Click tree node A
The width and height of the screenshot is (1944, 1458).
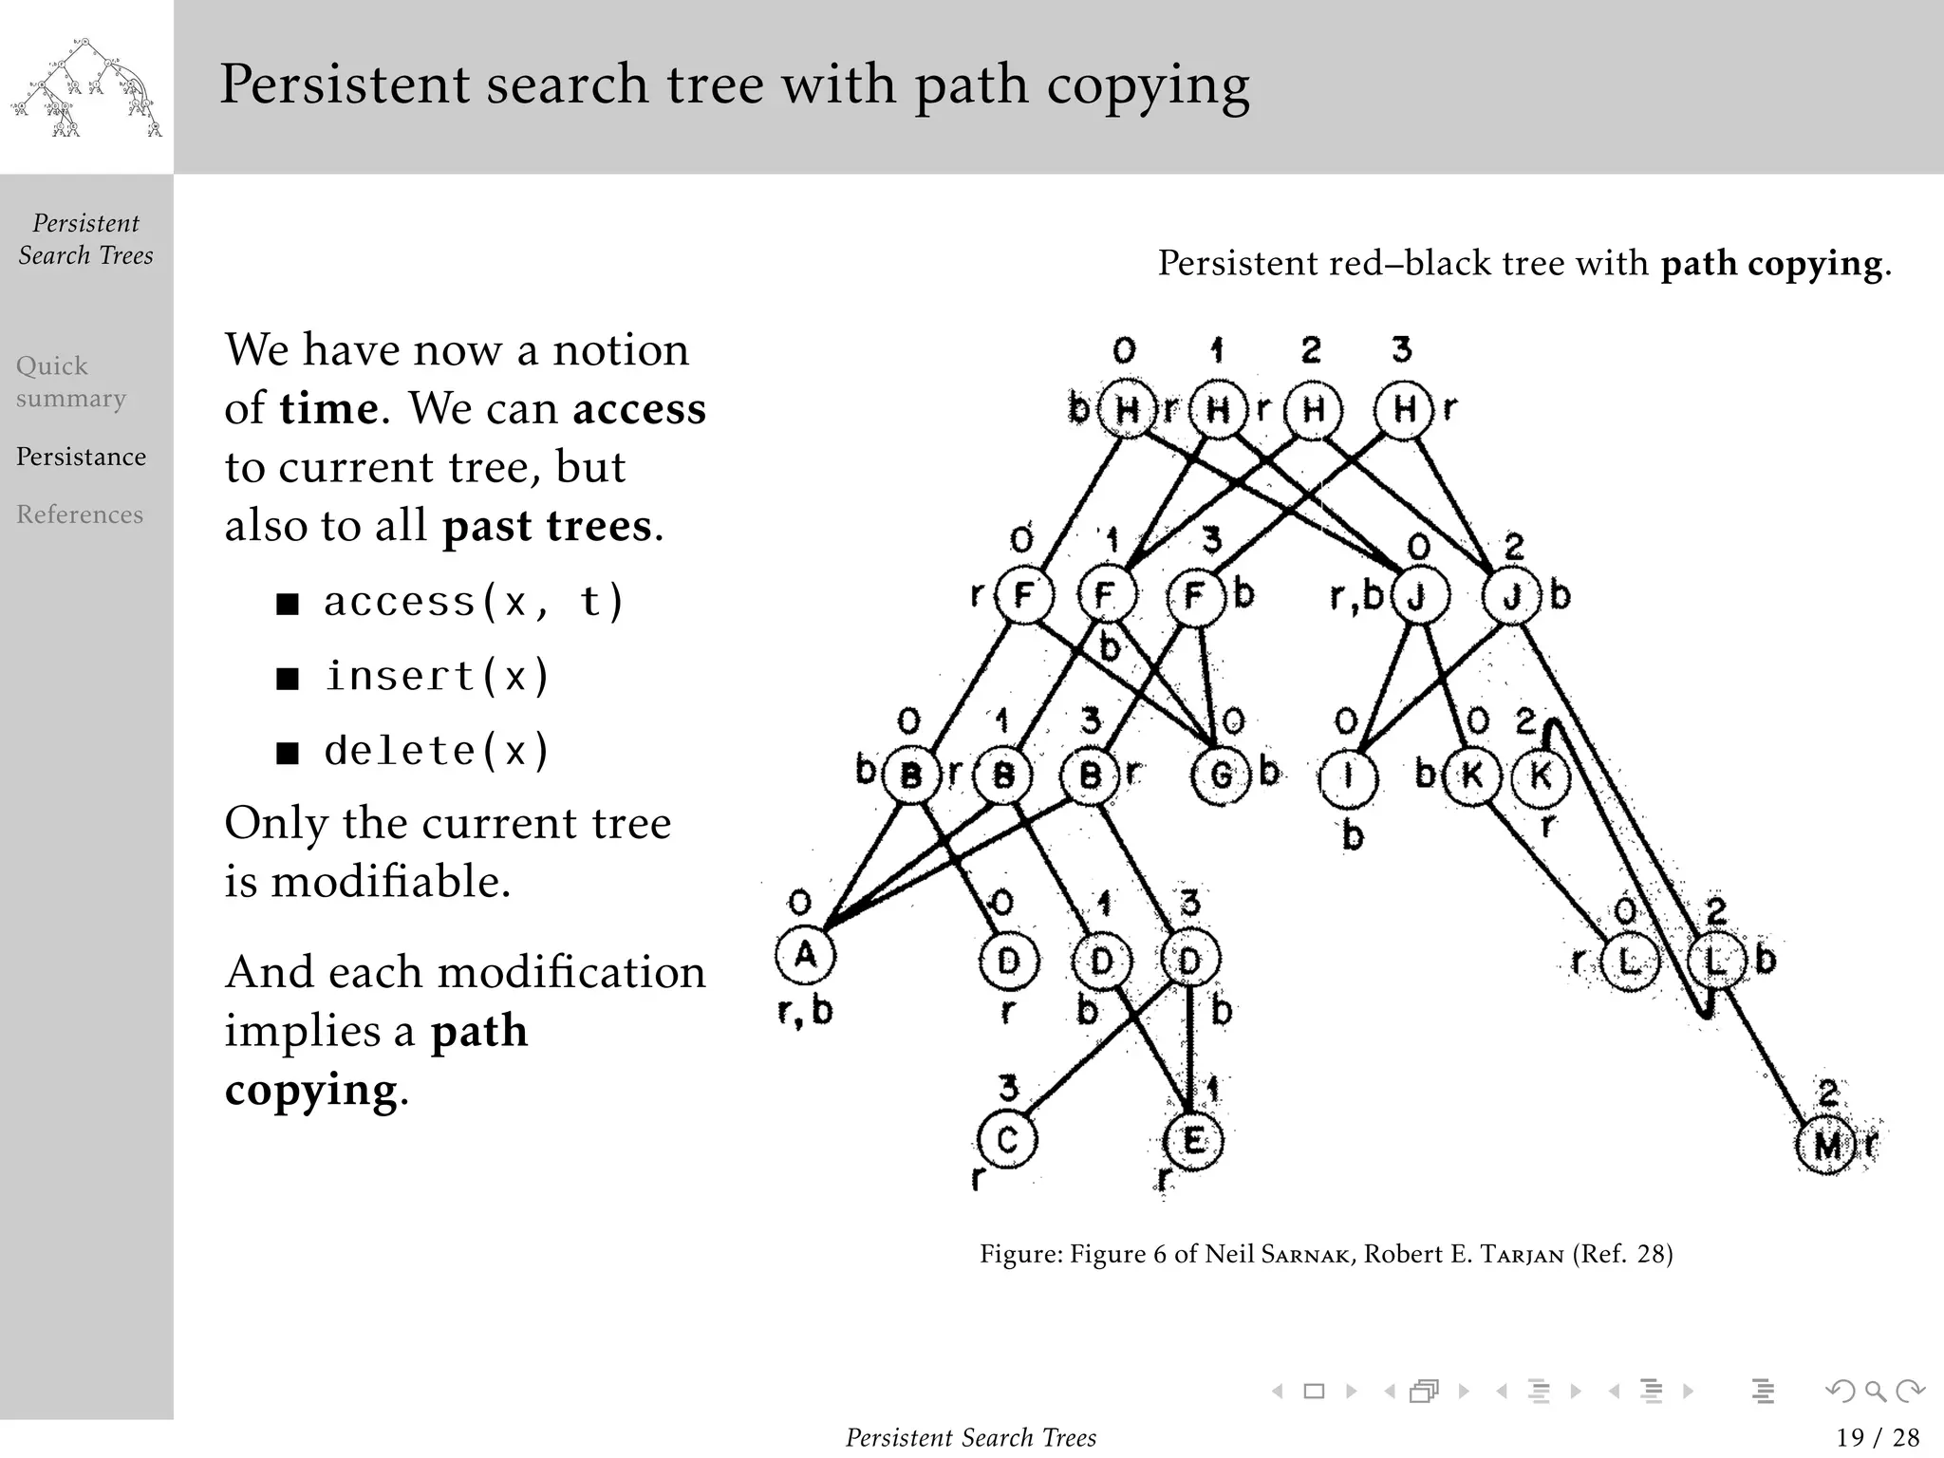click(x=805, y=954)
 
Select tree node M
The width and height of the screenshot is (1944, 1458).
click(x=1826, y=1146)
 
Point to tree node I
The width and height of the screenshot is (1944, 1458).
click(x=1348, y=777)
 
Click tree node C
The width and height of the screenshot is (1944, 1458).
click(x=1007, y=1139)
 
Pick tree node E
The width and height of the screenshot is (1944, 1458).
click(x=1193, y=1140)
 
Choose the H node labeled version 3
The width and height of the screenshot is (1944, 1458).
click(x=1404, y=409)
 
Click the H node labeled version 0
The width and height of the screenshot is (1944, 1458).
click(x=1127, y=410)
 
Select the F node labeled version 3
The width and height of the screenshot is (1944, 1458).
click(x=1195, y=595)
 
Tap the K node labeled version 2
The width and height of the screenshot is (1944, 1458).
click(x=1540, y=776)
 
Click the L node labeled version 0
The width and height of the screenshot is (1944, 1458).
click(x=1629, y=962)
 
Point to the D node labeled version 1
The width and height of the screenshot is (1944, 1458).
click(x=1101, y=962)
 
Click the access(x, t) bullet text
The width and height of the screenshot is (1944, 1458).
click(x=473, y=601)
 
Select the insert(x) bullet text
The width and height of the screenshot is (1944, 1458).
click(x=437, y=676)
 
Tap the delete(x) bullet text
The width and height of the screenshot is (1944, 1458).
click(x=437, y=751)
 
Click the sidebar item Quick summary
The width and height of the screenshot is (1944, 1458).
click(x=71, y=382)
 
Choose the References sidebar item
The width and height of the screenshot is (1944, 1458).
click(x=80, y=514)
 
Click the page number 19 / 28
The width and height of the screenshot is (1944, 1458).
click(x=1878, y=1437)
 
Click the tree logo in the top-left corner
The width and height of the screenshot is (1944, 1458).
click(x=86, y=87)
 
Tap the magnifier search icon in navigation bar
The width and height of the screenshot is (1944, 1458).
click(x=1875, y=1392)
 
